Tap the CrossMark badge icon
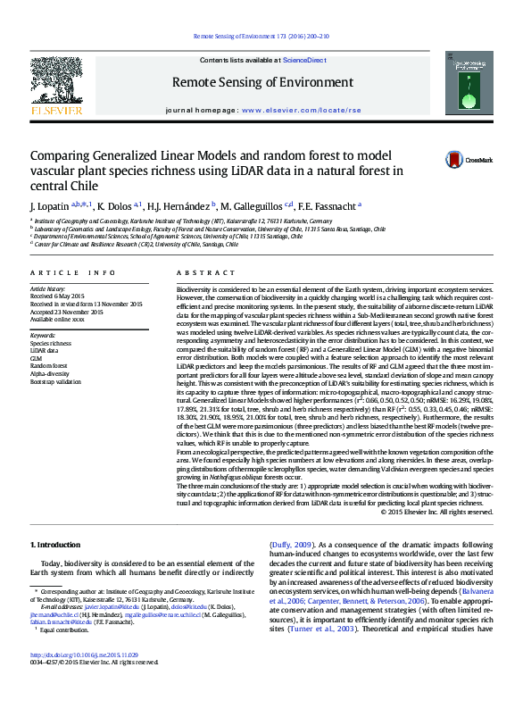point(431,160)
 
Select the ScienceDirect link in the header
point(304,59)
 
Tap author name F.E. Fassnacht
point(327,205)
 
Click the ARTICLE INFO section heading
point(73,271)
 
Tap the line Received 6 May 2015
point(57,296)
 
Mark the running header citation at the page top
point(261,37)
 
